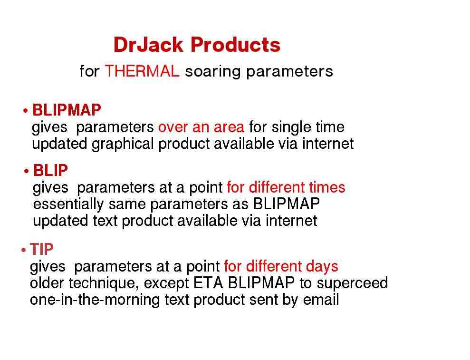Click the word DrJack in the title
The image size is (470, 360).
tap(148, 45)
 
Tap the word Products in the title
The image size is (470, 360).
tap(236, 45)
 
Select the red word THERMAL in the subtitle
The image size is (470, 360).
tap(142, 71)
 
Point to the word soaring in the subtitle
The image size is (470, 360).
tap(213, 72)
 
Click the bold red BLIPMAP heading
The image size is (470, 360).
tap(67, 110)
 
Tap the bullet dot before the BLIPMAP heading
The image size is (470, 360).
tap(26, 111)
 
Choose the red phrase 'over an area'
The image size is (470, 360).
tap(201, 127)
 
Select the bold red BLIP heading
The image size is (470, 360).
tap(51, 170)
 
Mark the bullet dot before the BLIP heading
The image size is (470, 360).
tap(27, 171)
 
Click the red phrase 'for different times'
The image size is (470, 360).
tap(286, 187)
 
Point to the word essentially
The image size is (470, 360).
tap(68, 204)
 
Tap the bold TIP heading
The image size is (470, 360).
tap(42, 249)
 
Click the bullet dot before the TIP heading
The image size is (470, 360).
tap(24, 250)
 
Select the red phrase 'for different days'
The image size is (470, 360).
tap(281, 266)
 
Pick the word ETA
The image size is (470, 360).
tap(208, 283)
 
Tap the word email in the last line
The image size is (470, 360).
tap(321, 300)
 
